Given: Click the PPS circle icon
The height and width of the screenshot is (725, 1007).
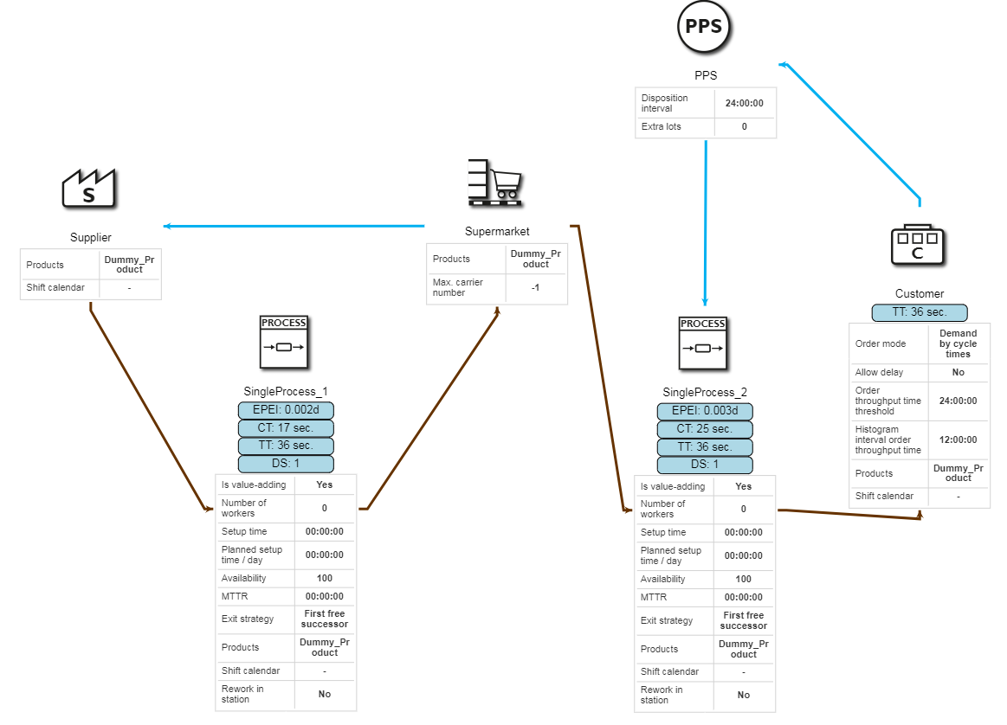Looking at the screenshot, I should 703,27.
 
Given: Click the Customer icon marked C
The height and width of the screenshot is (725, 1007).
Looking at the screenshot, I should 919,245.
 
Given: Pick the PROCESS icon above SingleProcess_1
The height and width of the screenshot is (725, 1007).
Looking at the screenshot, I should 284,342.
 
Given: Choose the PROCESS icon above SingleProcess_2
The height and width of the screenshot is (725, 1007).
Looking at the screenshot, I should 702,342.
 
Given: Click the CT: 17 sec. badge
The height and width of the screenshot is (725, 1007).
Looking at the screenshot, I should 285,428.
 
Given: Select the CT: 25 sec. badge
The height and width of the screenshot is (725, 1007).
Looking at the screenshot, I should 704,429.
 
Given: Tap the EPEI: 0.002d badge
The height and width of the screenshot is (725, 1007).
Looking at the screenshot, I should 285,411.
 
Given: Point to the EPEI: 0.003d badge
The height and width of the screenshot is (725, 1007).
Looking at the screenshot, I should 704,412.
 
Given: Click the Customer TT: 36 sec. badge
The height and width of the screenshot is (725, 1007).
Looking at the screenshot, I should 919,312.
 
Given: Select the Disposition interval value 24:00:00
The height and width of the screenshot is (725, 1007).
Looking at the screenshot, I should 744,103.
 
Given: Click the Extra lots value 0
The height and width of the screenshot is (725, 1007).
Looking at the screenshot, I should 744,126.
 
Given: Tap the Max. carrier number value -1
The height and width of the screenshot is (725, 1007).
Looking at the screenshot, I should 536,287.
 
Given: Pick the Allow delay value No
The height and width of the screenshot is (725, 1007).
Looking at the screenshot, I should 958,372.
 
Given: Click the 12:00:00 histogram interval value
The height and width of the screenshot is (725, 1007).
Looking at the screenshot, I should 958,439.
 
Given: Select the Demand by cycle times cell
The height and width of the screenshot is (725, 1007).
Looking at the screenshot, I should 958,343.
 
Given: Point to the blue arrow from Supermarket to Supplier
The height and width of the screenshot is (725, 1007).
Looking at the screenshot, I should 294,227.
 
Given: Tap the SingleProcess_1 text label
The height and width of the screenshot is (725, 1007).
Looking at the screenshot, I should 285,391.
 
